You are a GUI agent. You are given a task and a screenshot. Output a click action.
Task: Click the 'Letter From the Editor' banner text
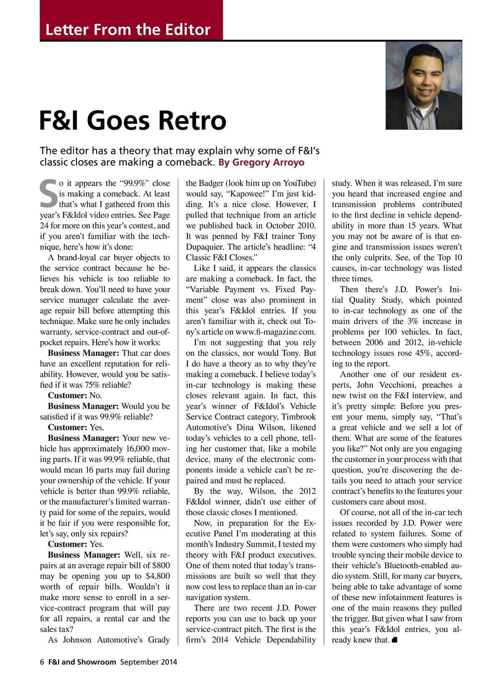point(128,30)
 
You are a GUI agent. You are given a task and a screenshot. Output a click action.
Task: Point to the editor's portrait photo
point(423,85)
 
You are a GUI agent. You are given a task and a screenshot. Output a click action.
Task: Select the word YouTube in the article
point(299,183)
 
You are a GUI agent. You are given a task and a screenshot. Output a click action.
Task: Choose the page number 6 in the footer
point(42,662)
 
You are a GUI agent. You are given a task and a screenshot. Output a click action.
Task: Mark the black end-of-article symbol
point(394,640)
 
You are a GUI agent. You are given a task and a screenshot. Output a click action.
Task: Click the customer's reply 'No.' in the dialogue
point(96,396)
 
